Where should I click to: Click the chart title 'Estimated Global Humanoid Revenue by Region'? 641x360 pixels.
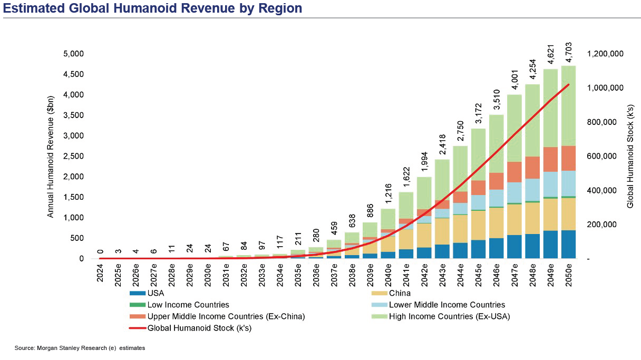click(x=153, y=8)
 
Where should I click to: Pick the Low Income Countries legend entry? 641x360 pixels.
click(x=188, y=305)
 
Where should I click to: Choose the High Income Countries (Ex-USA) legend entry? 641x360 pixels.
click(x=450, y=316)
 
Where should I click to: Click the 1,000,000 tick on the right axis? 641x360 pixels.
click(x=605, y=88)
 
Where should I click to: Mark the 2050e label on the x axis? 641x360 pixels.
click(x=568, y=275)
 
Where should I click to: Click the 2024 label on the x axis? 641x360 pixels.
click(x=100, y=274)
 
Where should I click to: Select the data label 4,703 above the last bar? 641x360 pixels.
click(x=568, y=53)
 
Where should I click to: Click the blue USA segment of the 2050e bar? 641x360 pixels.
click(x=568, y=245)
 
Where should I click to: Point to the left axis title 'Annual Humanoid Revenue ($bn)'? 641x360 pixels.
click(x=51, y=156)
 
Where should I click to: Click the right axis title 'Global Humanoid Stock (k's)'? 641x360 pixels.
click(x=630, y=156)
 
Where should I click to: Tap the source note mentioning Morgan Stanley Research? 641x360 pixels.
click(x=80, y=348)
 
